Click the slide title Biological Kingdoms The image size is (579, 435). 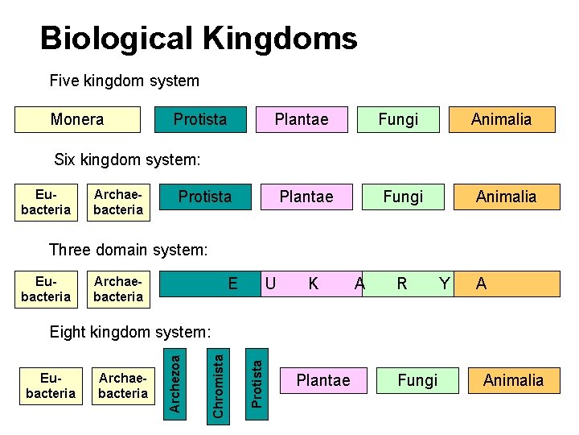[199, 38]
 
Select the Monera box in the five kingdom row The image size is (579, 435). [78, 119]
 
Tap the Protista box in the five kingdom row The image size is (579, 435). [201, 119]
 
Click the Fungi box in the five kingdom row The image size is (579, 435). [399, 119]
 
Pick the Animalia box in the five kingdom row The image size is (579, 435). [501, 119]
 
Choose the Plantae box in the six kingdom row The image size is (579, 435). [306, 197]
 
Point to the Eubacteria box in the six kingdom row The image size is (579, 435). [45, 202]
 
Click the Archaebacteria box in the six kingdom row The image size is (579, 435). [118, 202]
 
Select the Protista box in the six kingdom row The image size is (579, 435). [205, 197]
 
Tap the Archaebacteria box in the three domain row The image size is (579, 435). [118, 289]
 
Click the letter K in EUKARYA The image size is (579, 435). [314, 284]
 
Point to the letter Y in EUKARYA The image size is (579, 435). [443, 284]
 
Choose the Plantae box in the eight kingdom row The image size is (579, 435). [323, 380]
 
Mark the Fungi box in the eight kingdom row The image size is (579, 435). [418, 380]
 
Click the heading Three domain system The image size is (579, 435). [129, 250]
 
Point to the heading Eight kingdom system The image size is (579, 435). [130, 331]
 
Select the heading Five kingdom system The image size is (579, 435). [125, 81]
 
